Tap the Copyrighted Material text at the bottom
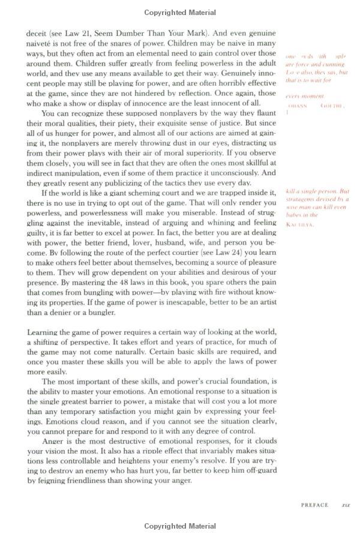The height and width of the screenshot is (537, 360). [x=180, y=526]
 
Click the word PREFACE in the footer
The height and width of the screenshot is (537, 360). [x=314, y=505]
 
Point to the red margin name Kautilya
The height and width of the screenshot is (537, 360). [x=300, y=225]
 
